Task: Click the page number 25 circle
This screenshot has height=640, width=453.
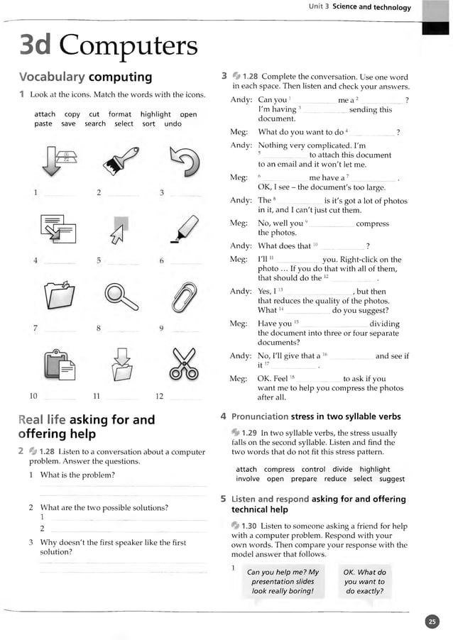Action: point(432,622)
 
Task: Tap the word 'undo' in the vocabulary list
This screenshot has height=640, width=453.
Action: point(173,124)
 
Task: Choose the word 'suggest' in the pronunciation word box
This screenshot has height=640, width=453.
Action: point(392,479)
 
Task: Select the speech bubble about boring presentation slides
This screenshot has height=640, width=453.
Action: point(283,581)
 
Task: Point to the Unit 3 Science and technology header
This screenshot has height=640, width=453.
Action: point(359,7)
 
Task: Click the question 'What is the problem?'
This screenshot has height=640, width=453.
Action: point(77,475)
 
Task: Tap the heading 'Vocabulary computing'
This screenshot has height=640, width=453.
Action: point(85,77)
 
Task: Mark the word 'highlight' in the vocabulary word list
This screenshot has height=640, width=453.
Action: point(155,114)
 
